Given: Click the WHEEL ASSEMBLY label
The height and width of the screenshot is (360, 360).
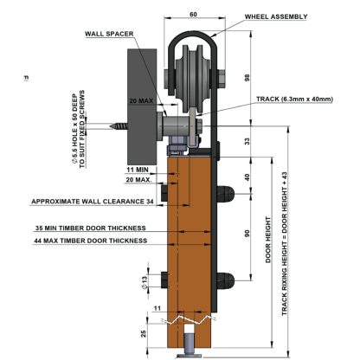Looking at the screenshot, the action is [276, 16].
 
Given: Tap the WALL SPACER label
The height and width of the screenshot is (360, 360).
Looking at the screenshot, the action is [109, 34].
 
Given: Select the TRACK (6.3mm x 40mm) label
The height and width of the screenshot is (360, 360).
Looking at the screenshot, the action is [294, 100].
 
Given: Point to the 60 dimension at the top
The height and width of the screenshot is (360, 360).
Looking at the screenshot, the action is [194, 14].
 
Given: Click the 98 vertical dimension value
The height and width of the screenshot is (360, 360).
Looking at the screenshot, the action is [247, 78].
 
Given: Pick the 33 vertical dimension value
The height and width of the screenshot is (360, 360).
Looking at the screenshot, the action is [247, 141].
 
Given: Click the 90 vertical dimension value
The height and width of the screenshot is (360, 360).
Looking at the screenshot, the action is [247, 234].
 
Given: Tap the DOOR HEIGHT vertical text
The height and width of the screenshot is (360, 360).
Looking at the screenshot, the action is [268, 240].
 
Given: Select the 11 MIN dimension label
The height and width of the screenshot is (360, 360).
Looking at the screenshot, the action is [138, 170].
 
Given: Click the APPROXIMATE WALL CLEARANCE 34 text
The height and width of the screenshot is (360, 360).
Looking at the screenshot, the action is [93, 202].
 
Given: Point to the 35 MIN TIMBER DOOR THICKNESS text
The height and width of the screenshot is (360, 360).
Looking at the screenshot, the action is [90, 228].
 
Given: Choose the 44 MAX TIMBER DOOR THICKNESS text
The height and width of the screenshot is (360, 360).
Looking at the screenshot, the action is [90, 241].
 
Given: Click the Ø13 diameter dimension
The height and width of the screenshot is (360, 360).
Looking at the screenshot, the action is [145, 282].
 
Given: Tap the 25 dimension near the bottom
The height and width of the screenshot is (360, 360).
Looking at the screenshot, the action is [144, 334].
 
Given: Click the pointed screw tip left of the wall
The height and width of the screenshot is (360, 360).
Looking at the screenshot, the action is [110, 126].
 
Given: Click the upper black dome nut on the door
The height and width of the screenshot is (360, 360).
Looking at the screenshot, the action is [226, 194].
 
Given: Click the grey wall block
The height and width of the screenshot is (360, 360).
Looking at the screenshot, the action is [142, 106].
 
